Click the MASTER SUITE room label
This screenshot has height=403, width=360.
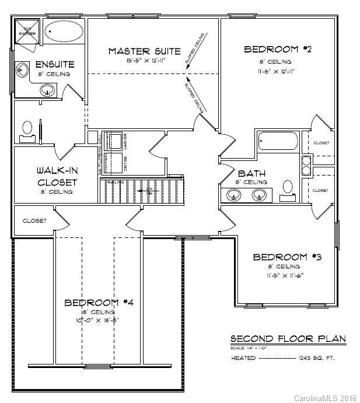pyautogui.click(x=144, y=51)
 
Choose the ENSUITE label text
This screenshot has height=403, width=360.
pyautogui.click(x=54, y=64)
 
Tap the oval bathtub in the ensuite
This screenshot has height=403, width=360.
pyautogui.click(x=64, y=31)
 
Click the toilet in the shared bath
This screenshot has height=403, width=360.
pyautogui.click(x=287, y=190)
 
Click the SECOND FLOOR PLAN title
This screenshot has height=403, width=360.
pyautogui.click(x=287, y=339)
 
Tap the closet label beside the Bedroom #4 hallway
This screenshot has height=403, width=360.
pyautogui.click(x=34, y=221)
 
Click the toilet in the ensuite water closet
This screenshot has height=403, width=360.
pyautogui.click(x=27, y=130)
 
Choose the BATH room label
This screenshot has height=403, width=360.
pyautogui.click(x=252, y=174)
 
